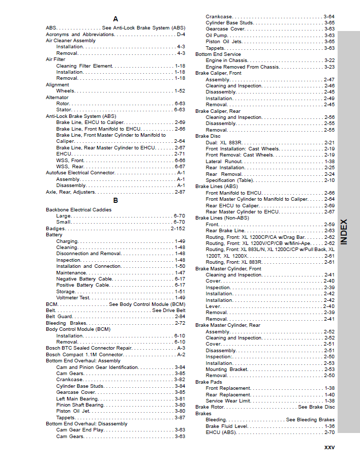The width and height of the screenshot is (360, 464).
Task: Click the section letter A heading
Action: coord(115,19)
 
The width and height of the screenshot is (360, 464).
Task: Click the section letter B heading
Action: coord(115,200)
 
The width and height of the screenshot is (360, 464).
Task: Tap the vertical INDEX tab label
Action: coord(344,232)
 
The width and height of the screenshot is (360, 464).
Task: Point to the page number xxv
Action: coord(329,447)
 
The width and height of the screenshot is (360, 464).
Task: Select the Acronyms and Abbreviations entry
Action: coord(80,35)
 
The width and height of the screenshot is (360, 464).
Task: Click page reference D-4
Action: coord(181,35)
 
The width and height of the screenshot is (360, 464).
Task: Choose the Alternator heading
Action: coord(57,97)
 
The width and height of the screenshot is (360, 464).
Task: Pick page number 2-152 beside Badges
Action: coord(177,229)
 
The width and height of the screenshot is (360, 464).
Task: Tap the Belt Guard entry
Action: coord(59,317)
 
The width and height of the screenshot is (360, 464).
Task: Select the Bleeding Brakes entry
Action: coord(66,323)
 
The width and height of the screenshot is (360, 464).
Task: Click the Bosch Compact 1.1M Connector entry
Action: coord(84,355)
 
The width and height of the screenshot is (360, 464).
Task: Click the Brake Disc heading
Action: coord(208,136)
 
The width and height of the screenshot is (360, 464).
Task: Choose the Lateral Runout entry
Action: coord(224,162)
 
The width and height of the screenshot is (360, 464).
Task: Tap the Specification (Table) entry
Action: coord(229,180)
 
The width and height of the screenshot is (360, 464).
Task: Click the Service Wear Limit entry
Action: coord(228,401)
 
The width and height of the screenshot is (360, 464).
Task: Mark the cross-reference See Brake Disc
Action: coord(316,407)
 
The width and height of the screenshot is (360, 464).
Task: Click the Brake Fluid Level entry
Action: coord(227,426)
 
